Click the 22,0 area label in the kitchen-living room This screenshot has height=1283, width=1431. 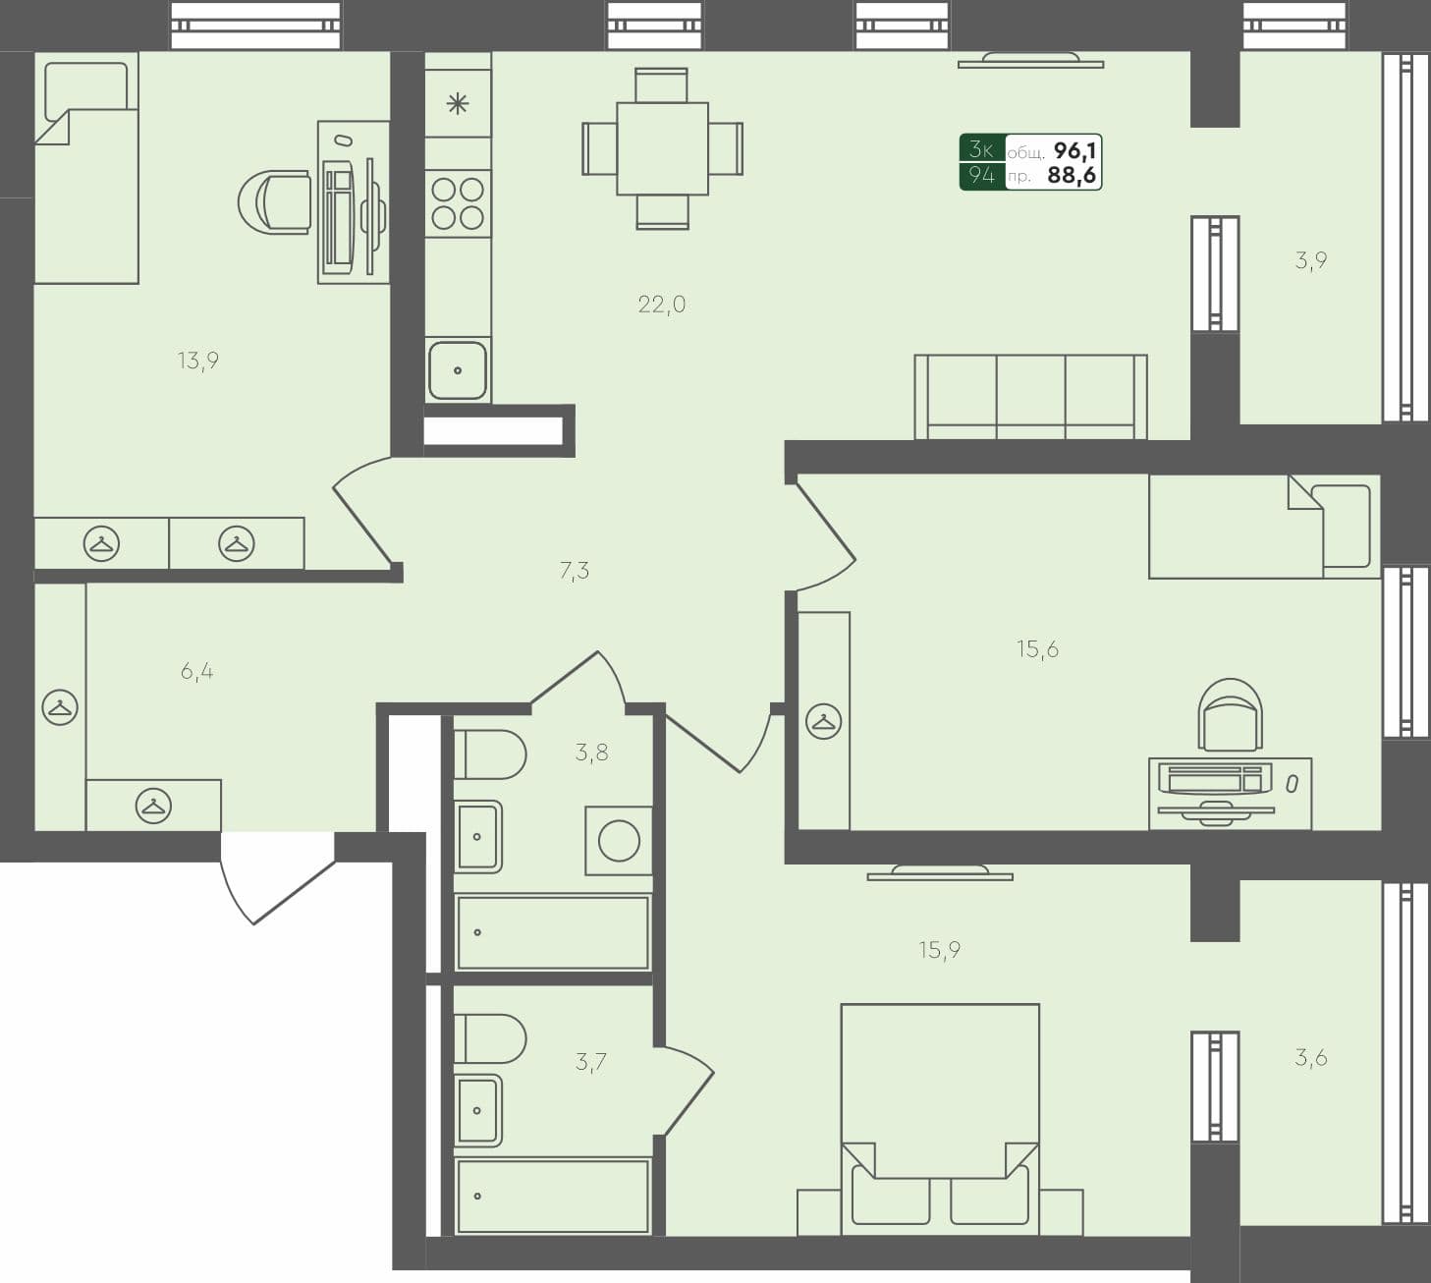(661, 305)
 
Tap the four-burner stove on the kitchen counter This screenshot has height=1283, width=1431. (458, 203)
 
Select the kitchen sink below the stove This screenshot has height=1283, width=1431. (458, 370)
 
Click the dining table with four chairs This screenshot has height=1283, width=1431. (662, 148)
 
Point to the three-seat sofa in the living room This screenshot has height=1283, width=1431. (1030, 397)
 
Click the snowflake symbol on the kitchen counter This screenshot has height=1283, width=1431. (458, 103)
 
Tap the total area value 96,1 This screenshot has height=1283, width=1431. (1074, 150)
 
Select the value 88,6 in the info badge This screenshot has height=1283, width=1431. (1072, 176)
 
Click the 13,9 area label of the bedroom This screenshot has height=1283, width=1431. (197, 361)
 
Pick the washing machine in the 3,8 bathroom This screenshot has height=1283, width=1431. (619, 841)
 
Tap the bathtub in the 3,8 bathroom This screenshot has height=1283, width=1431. (552, 931)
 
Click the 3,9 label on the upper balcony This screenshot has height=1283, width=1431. (1311, 260)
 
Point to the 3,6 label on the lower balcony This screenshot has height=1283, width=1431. (1311, 1058)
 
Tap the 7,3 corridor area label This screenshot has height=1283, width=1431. (575, 570)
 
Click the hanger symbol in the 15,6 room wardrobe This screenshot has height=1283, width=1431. (823, 722)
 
